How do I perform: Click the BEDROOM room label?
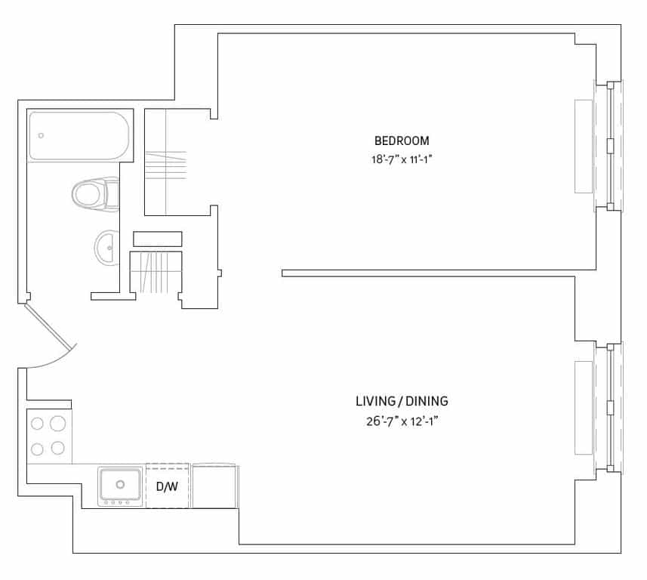402,140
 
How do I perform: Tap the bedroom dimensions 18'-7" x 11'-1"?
402,159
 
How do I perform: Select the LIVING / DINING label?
396,401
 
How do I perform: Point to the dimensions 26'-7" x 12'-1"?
397,421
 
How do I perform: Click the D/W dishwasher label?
167,486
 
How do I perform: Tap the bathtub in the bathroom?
79,136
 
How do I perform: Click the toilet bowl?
89,194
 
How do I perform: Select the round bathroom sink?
106,247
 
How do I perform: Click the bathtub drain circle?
41,136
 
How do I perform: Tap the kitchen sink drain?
120,484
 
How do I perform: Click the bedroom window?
610,144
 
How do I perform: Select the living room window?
610,408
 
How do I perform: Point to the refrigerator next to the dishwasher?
215,486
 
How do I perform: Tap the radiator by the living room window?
584,408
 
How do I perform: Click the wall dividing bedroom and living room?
438,273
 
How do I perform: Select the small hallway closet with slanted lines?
156,273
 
